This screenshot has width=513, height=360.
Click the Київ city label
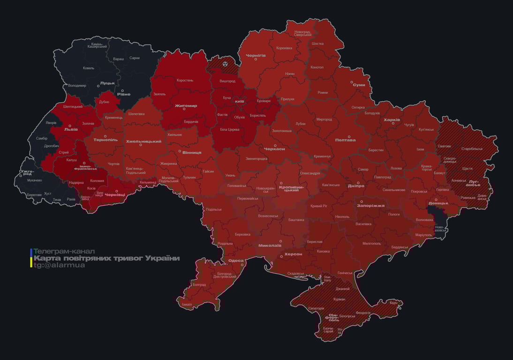pos(239,101)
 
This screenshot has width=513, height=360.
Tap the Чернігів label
pos(256,55)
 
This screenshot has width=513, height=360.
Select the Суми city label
pos(359,85)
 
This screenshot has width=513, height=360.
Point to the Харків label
pos(392,120)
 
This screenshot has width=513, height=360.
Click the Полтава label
pos(345,140)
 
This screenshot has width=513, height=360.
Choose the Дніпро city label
pos(356,186)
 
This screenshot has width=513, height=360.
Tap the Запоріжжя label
pos(370,205)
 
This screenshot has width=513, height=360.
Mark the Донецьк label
pos(438,203)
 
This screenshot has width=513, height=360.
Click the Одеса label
pos(236,261)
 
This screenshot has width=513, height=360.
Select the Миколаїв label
pos(270,245)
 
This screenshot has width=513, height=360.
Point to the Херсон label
pos(293,254)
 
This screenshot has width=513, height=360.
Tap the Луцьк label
pos(107,82)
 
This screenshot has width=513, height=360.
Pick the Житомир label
pos(186,106)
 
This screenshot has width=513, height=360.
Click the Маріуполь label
pos(423,234)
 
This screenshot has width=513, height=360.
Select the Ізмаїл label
pos(187,304)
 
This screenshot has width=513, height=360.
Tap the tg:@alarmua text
pos(59,265)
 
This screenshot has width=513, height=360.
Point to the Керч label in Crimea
pos(393,303)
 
